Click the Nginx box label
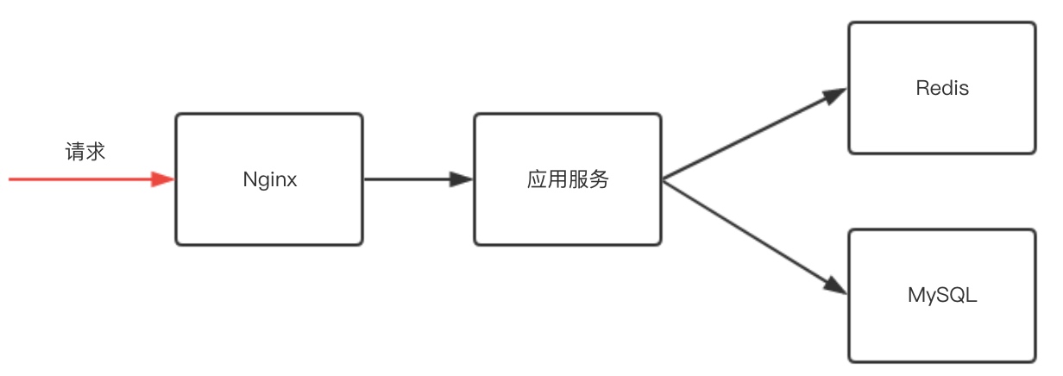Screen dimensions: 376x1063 coord(270,180)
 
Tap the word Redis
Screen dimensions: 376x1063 coord(942,88)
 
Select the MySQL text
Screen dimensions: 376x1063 coord(942,295)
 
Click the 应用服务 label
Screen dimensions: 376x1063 coord(568,180)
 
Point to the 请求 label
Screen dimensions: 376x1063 coord(85,152)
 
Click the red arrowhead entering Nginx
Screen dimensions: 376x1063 coord(163,179)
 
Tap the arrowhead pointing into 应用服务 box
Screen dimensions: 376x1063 coord(462,179)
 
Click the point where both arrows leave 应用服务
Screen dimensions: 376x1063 coord(663,179)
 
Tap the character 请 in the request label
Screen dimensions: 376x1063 coord(75,152)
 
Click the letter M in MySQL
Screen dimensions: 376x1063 coord(916,295)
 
